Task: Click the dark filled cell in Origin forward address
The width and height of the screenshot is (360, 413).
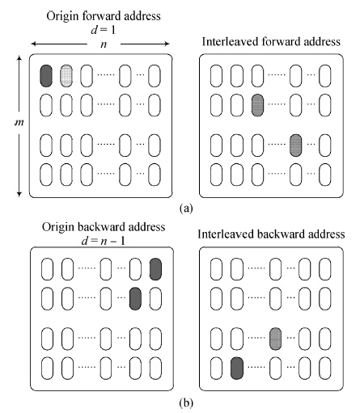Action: [x=46, y=76]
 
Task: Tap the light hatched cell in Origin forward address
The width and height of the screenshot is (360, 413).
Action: [x=66, y=76]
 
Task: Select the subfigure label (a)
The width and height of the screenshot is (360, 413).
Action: [x=186, y=208]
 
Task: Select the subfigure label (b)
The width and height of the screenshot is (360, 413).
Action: [x=186, y=403]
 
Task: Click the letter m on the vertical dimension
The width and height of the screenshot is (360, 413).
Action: [x=19, y=123]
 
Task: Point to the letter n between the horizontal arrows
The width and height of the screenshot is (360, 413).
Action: [x=104, y=44]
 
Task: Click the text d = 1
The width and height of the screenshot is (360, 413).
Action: [x=104, y=30]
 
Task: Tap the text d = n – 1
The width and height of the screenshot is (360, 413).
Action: [x=104, y=241]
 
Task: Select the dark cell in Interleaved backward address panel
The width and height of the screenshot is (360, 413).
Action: [x=237, y=369]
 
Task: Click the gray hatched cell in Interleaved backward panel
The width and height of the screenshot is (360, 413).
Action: [x=275, y=339]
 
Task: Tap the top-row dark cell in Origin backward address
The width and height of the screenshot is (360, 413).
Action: [x=155, y=269]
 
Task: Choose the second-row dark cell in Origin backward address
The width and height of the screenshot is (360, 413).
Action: [x=135, y=298]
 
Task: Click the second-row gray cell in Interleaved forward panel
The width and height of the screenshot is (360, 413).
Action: [x=257, y=105]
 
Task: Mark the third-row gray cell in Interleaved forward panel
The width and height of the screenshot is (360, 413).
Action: [x=295, y=145]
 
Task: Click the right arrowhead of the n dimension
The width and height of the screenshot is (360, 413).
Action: [x=167, y=44]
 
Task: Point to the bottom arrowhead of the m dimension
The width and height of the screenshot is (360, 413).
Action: [x=19, y=194]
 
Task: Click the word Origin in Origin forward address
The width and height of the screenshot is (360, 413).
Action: [x=62, y=17]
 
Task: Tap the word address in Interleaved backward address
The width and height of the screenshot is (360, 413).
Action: [x=327, y=234]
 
